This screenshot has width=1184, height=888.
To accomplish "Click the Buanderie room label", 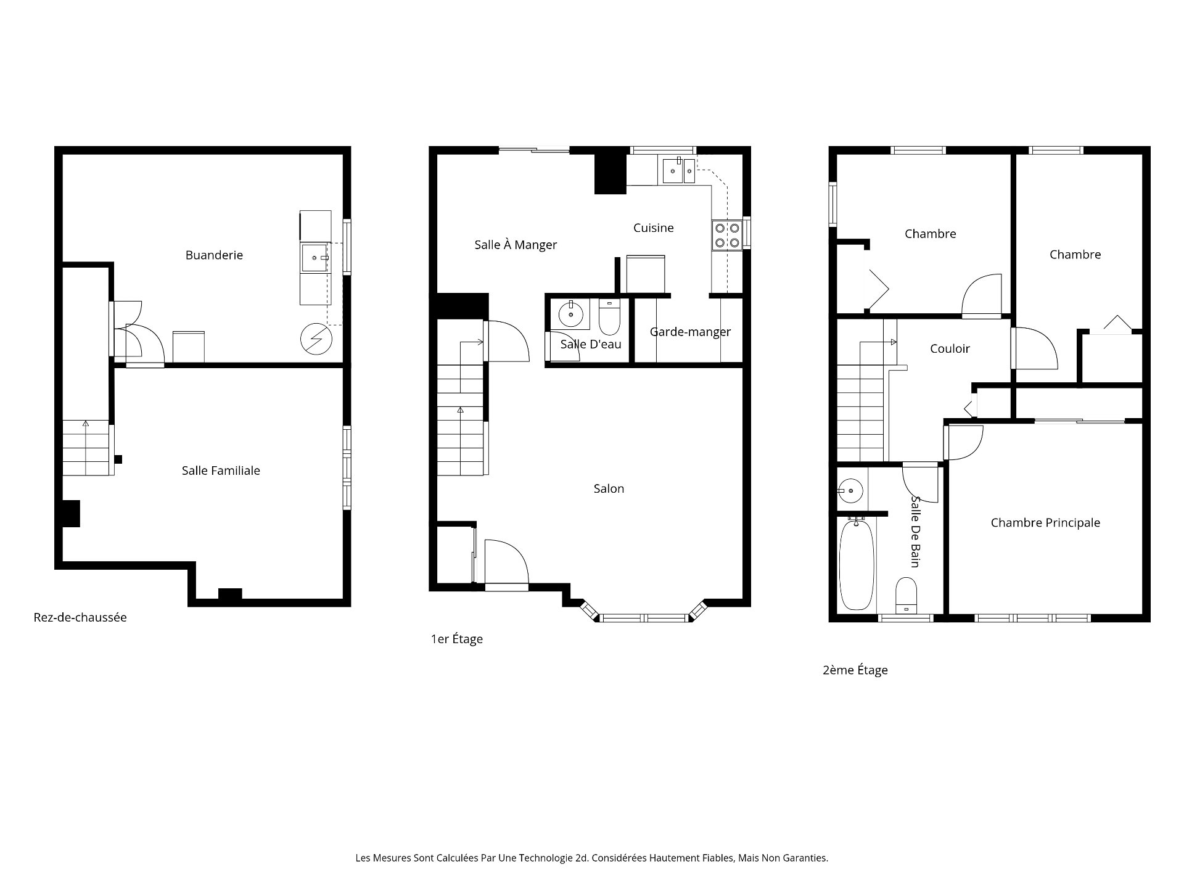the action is point(214,255).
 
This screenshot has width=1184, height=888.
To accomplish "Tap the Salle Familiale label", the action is point(221,471).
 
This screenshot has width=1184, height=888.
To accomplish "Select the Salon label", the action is point(609,488).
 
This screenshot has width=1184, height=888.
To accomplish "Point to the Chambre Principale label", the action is point(1045,523).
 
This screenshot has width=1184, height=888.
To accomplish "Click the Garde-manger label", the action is point(690,332).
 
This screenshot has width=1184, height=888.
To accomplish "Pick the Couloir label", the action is point(950,348).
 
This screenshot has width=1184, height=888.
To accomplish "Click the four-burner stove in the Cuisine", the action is point(727,235).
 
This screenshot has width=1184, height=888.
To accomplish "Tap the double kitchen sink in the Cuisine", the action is point(679,170).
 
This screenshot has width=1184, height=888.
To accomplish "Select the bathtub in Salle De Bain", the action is point(857,564).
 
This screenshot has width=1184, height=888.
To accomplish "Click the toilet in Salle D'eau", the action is point(609,316).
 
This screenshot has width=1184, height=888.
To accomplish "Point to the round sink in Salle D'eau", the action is point(572,314).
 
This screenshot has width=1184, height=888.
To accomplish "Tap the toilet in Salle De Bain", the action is point(906,594).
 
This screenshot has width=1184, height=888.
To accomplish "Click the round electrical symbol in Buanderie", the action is point(316,339).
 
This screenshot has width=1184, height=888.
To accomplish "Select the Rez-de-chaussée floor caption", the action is point(80,617).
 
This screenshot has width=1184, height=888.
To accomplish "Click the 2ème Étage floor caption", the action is point(855,670).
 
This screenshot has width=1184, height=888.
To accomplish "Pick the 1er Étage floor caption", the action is point(456,639).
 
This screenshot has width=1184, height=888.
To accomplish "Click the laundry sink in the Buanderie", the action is point(315,257).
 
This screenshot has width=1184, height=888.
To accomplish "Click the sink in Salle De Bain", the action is point(851,491).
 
